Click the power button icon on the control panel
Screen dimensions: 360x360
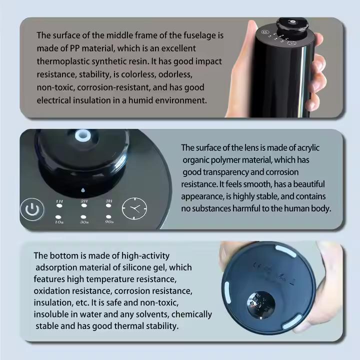[x=32, y=209]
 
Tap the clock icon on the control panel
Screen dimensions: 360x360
[x=134, y=208]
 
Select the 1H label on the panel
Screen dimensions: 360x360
[x=59, y=201]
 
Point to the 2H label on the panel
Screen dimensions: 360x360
[x=84, y=201]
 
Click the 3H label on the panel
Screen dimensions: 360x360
[x=109, y=201]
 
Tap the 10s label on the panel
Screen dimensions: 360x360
[x=59, y=222]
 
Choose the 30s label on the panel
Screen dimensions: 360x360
[x=84, y=222]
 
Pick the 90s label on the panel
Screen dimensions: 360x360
[x=109, y=222]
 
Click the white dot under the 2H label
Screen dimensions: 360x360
[x=84, y=205]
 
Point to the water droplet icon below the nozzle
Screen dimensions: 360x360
[x=83, y=190]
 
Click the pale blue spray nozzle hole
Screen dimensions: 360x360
[x=82, y=135]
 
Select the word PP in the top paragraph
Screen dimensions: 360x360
[x=74, y=48]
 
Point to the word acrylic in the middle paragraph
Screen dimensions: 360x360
[x=308, y=148]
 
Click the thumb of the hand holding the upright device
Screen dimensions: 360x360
[x=243, y=57]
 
